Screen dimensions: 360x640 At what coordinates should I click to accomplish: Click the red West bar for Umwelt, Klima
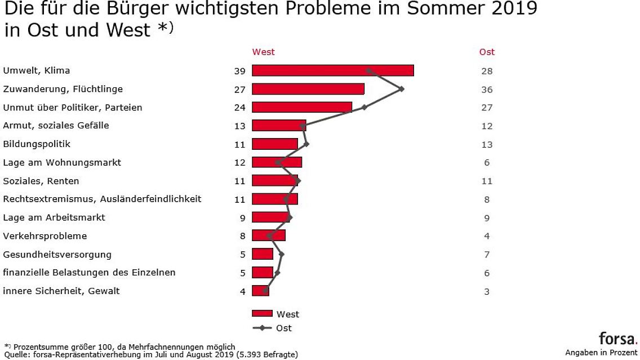[332, 70]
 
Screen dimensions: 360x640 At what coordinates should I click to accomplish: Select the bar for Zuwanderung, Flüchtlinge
[308, 89]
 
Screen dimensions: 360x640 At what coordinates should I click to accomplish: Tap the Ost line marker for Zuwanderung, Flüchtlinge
[401, 88]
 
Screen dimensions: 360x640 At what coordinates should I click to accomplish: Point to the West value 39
[240, 71]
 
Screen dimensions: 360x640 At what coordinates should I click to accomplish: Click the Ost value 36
[487, 90]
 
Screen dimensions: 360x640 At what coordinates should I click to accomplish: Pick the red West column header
[263, 52]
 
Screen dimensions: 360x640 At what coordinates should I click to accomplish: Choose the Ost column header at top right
[487, 52]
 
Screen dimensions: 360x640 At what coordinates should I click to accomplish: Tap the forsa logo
[617, 339]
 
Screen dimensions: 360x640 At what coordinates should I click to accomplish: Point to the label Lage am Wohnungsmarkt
[62, 163]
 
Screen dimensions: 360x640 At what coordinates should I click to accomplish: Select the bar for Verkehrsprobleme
[268, 235]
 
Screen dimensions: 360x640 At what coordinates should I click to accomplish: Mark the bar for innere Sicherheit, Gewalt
[260, 291]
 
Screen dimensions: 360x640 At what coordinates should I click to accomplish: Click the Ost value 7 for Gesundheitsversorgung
[487, 255]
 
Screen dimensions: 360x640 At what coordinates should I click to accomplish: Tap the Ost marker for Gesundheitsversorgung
[282, 254]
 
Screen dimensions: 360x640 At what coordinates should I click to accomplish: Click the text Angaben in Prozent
[601, 353]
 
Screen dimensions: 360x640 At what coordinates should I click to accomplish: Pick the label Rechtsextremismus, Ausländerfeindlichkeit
[102, 199]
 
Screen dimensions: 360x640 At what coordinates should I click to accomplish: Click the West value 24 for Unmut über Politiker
[240, 108]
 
